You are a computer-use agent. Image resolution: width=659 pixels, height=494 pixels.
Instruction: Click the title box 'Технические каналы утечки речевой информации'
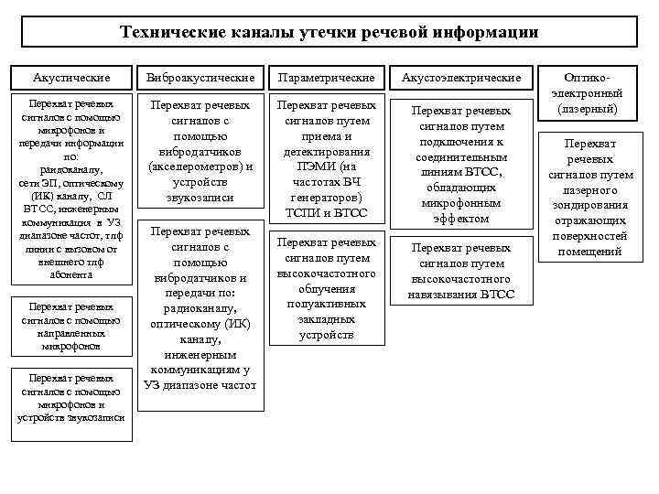(x=329, y=32)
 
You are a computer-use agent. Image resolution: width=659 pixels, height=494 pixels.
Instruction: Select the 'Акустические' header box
(x=70, y=78)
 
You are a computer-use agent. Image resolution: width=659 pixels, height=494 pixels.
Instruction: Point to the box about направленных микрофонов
(x=70, y=327)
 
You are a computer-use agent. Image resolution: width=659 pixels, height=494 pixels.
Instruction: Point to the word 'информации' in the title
(x=495, y=33)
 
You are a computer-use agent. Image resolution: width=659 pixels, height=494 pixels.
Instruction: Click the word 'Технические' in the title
(x=167, y=33)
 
